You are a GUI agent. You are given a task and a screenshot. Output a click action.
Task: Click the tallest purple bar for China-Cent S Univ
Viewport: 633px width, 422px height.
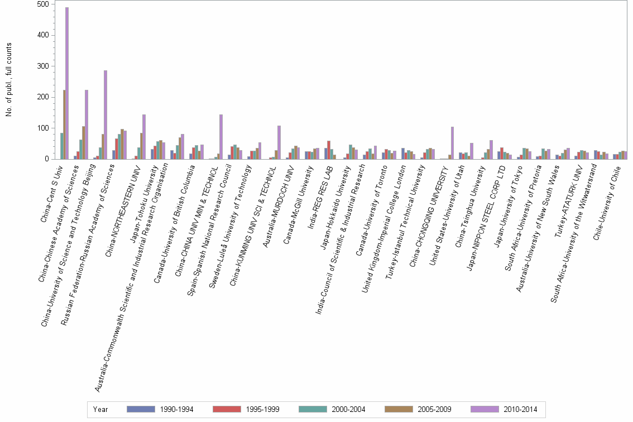tap(67, 84)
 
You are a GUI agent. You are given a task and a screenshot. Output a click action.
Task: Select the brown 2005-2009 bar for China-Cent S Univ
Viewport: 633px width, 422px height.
tap(64, 125)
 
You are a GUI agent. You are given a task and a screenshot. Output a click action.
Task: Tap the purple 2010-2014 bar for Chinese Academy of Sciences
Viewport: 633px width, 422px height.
tap(87, 125)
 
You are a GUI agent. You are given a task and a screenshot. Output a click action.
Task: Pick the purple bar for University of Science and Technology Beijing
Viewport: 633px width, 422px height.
tap(106, 115)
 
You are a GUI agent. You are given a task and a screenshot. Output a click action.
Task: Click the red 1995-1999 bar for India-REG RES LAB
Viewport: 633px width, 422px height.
tap(329, 150)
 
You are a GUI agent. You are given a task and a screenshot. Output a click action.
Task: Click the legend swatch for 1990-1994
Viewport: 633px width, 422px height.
tap(140, 409)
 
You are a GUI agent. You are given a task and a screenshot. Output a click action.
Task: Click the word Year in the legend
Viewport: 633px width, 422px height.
tap(101, 410)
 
